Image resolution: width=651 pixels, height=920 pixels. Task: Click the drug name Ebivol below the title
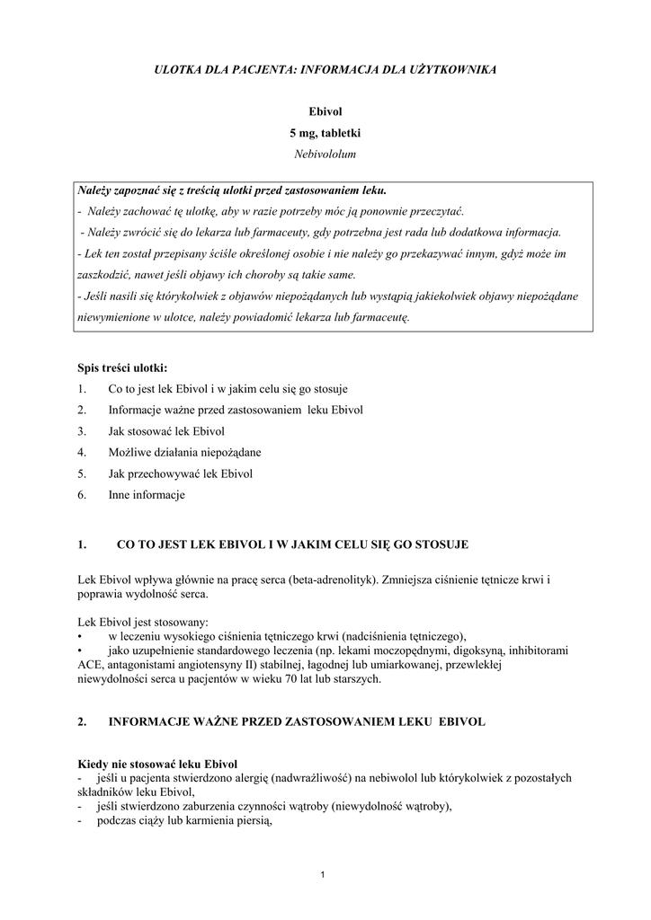325,111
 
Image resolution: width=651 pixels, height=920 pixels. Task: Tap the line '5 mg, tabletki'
325,132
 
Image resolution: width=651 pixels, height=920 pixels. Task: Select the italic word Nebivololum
325,154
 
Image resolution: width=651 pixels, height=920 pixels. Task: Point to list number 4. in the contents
82,452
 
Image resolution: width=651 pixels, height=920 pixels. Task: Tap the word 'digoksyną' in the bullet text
485,650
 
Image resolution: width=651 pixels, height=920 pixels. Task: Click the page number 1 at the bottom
325,876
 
